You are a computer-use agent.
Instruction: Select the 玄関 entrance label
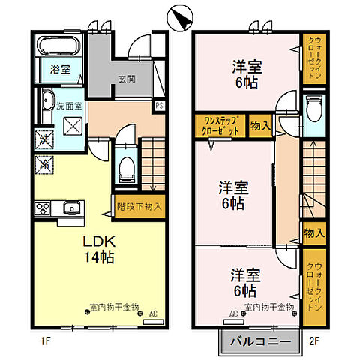tap(125, 79)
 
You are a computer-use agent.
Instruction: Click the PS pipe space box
tap(160, 106)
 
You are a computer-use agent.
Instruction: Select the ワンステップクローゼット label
tap(218, 125)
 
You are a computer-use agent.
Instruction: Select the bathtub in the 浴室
tap(60, 46)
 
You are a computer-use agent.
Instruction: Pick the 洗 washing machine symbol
tap(44, 140)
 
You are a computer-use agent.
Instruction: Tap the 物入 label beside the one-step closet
tap(260, 125)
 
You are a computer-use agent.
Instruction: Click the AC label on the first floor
tap(153, 314)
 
